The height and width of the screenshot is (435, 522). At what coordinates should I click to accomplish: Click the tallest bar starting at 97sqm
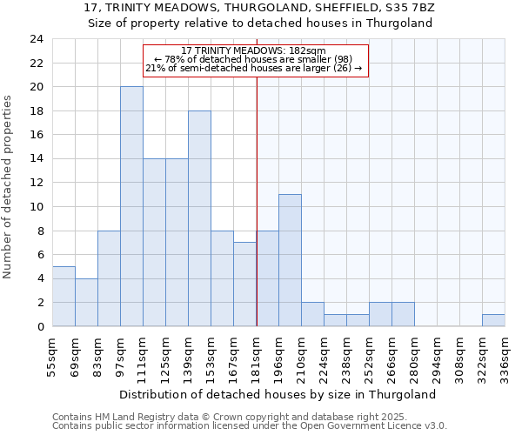pyautogui.click(x=131, y=206)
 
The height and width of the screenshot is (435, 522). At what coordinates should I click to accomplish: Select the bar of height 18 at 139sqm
pyautogui.click(x=199, y=218)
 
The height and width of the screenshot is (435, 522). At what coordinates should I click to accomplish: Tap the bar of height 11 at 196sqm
pyautogui.click(x=290, y=260)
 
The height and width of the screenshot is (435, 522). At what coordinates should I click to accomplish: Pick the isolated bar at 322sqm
pyautogui.click(x=493, y=320)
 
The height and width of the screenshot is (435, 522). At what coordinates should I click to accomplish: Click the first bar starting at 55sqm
pyautogui.click(x=64, y=296)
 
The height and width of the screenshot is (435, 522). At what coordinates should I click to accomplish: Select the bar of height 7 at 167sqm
pyautogui.click(x=244, y=284)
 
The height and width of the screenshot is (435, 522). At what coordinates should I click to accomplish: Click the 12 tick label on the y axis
pyautogui.click(x=37, y=183)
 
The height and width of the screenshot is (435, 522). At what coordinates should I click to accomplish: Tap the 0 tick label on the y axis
pyautogui.click(x=40, y=326)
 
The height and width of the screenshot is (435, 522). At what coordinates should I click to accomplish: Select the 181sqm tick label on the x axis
pyautogui.click(x=257, y=356)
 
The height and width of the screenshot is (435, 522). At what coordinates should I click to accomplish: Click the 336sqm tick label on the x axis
pyautogui.click(x=505, y=356)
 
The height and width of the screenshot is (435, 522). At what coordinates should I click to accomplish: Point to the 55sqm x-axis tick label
pyautogui.click(x=53, y=356)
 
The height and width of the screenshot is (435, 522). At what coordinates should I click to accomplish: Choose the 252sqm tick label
pyautogui.click(x=370, y=356)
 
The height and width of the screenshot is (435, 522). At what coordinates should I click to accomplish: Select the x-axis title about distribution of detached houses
pyautogui.click(x=278, y=394)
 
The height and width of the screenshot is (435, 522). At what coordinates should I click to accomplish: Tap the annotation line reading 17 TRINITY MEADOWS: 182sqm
pyautogui.click(x=255, y=51)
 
